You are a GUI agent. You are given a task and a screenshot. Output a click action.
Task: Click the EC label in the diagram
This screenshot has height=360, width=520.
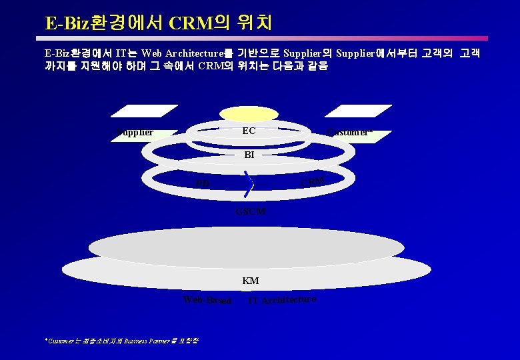(x=249, y=131)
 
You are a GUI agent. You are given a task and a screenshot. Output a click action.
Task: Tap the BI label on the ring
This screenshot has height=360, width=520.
(x=249, y=155)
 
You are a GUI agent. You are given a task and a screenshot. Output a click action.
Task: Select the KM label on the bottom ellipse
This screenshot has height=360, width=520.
(x=251, y=281)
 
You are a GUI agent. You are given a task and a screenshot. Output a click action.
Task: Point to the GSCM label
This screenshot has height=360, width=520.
(x=251, y=211)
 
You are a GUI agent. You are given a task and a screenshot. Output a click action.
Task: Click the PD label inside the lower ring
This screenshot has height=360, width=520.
(x=203, y=184)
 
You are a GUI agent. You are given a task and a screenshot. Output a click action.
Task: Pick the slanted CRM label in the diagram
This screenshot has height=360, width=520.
(x=313, y=181)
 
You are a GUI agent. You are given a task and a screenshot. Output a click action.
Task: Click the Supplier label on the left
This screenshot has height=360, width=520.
(x=135, y=133)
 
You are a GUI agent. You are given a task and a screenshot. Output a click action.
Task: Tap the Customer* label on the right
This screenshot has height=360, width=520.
(x=349, y=132)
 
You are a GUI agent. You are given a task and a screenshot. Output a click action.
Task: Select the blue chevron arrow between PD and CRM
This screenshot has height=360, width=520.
(x=249, y=185)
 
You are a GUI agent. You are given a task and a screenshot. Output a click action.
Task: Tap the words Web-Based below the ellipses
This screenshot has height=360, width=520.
(x=207, y=301)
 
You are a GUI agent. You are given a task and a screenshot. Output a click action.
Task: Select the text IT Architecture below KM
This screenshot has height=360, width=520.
(x=281, y=300)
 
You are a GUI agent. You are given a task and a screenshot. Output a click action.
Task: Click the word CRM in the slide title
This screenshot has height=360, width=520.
(x=191, y=23)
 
